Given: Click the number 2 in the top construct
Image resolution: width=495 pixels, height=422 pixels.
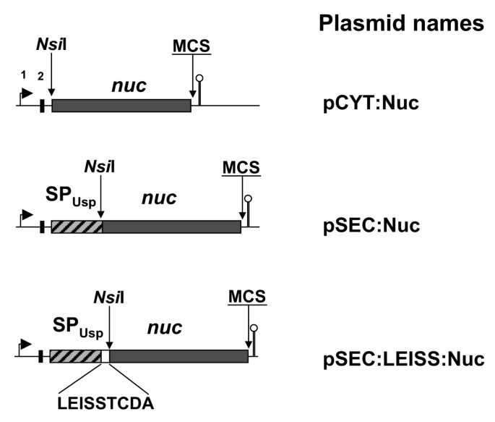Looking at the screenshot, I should point(41,77).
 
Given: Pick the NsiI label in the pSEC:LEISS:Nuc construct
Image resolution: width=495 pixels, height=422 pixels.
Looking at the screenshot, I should point(108,298).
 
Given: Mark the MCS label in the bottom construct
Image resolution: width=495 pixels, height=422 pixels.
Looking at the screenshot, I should point(246,297).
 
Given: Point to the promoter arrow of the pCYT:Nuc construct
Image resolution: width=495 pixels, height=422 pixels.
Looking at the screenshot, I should point(26,95).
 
